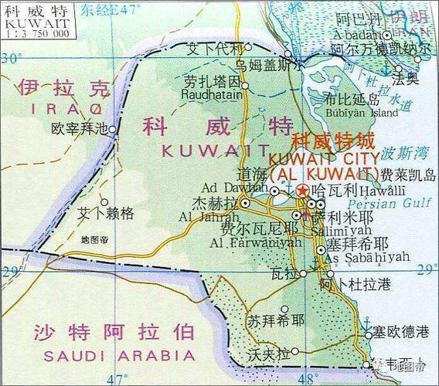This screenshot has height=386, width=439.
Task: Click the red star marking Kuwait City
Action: pos(302,190)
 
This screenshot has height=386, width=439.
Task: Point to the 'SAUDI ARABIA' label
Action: pos(119,355)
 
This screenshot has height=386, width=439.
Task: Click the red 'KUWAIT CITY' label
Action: pos(334,157)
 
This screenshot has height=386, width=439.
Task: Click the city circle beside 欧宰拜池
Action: pos(113,130)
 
